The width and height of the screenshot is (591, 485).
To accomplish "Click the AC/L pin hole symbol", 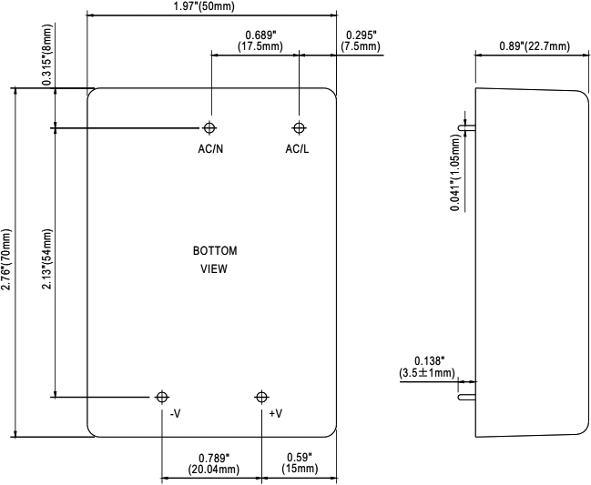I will (x=297, y=127).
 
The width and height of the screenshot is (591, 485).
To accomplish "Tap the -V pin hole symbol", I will (x=162, y=397).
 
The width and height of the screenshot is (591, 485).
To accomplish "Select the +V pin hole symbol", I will (x=261, y=397).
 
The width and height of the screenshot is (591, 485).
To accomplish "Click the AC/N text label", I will (x=210, y=148).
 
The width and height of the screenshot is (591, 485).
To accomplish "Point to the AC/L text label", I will (x=297, y=148).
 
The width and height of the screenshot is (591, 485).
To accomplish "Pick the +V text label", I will (x=276, y=414).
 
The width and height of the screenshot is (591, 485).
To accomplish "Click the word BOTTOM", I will (x=214, y=250).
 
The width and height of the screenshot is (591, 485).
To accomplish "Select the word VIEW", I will (x=214, y=269).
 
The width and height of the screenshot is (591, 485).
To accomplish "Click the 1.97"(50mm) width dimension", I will (x=210, y=7).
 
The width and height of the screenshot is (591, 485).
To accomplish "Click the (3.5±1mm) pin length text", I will (x=427, y=373).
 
